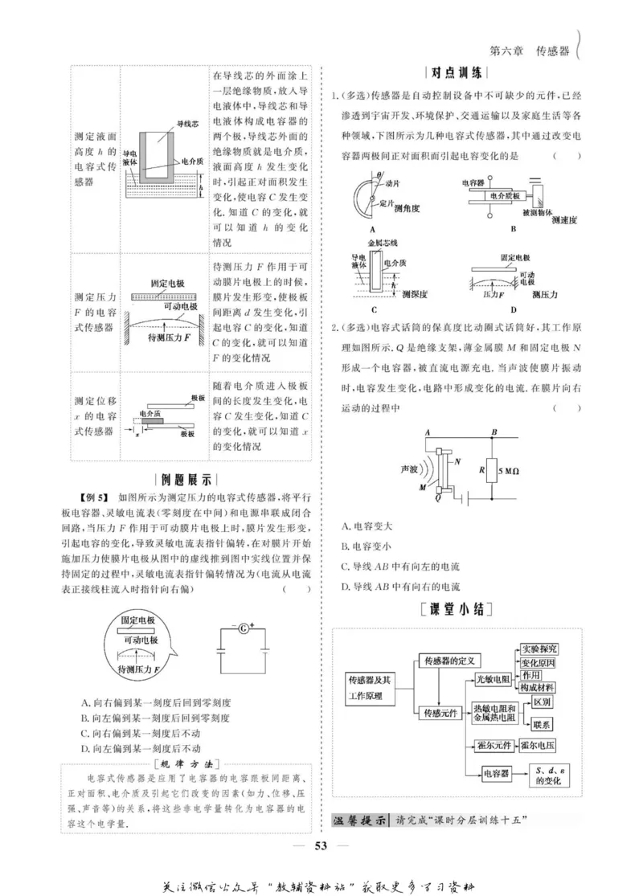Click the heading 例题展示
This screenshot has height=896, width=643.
pos(187,480)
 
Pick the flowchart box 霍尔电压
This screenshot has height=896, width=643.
pos(539,745)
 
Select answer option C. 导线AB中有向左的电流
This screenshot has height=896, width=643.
pos(400,567)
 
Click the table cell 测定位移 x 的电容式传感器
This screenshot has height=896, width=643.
pos(95,415)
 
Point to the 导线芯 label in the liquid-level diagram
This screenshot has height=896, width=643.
pos(187,125)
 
